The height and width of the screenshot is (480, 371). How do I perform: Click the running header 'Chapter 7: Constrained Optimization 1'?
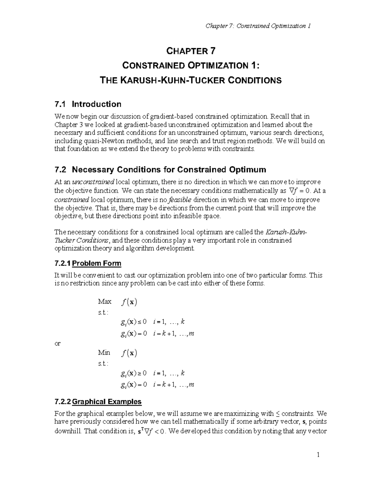pos(258,26)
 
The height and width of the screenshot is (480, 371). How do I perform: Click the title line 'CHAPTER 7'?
pos(191,51)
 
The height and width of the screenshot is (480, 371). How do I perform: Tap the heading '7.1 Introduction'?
pos(87,104)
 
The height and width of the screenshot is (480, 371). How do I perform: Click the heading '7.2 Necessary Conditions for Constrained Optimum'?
pos(160,170)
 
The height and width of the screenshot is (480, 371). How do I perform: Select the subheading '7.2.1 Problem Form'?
pos(87,263)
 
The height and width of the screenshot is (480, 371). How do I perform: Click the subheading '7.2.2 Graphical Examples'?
pos(98,401)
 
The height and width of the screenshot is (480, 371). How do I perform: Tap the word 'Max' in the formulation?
pos(104,301)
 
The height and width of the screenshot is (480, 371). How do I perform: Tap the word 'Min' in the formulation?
pos(104,352)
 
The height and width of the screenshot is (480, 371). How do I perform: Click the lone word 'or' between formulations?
pos(58,343)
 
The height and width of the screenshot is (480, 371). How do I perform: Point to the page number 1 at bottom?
pos(318,455)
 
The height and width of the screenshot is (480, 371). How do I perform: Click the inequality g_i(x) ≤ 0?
pos(134,322)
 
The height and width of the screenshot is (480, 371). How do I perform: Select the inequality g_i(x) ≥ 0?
pos(134,373)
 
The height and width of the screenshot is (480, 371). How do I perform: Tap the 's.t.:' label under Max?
pos(103,312)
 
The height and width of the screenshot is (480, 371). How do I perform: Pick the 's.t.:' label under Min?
pos(103,364)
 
